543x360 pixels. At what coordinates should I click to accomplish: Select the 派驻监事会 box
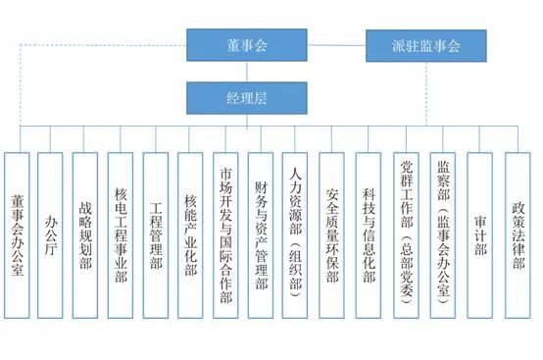pos(425,45)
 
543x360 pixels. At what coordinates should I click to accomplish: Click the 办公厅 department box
pos(53,236)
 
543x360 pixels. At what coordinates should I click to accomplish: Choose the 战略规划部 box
pos(87,236)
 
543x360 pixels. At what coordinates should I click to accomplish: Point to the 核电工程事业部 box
pos(123,236)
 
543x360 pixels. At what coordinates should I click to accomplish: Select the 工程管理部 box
pos(158,236)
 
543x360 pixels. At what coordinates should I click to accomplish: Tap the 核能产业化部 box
pos(193,236)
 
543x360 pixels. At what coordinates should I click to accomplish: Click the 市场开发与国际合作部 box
pos(227,236)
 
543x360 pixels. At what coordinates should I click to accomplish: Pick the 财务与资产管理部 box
pos(262,236)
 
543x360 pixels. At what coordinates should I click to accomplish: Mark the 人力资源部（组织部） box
pos(297,236)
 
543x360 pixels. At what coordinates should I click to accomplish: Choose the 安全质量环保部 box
pos(333,236)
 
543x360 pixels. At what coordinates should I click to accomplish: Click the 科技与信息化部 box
pos(369,236)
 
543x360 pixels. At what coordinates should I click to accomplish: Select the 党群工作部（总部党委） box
pos(408,236)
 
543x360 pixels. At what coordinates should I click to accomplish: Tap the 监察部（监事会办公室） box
pos(444,236)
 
